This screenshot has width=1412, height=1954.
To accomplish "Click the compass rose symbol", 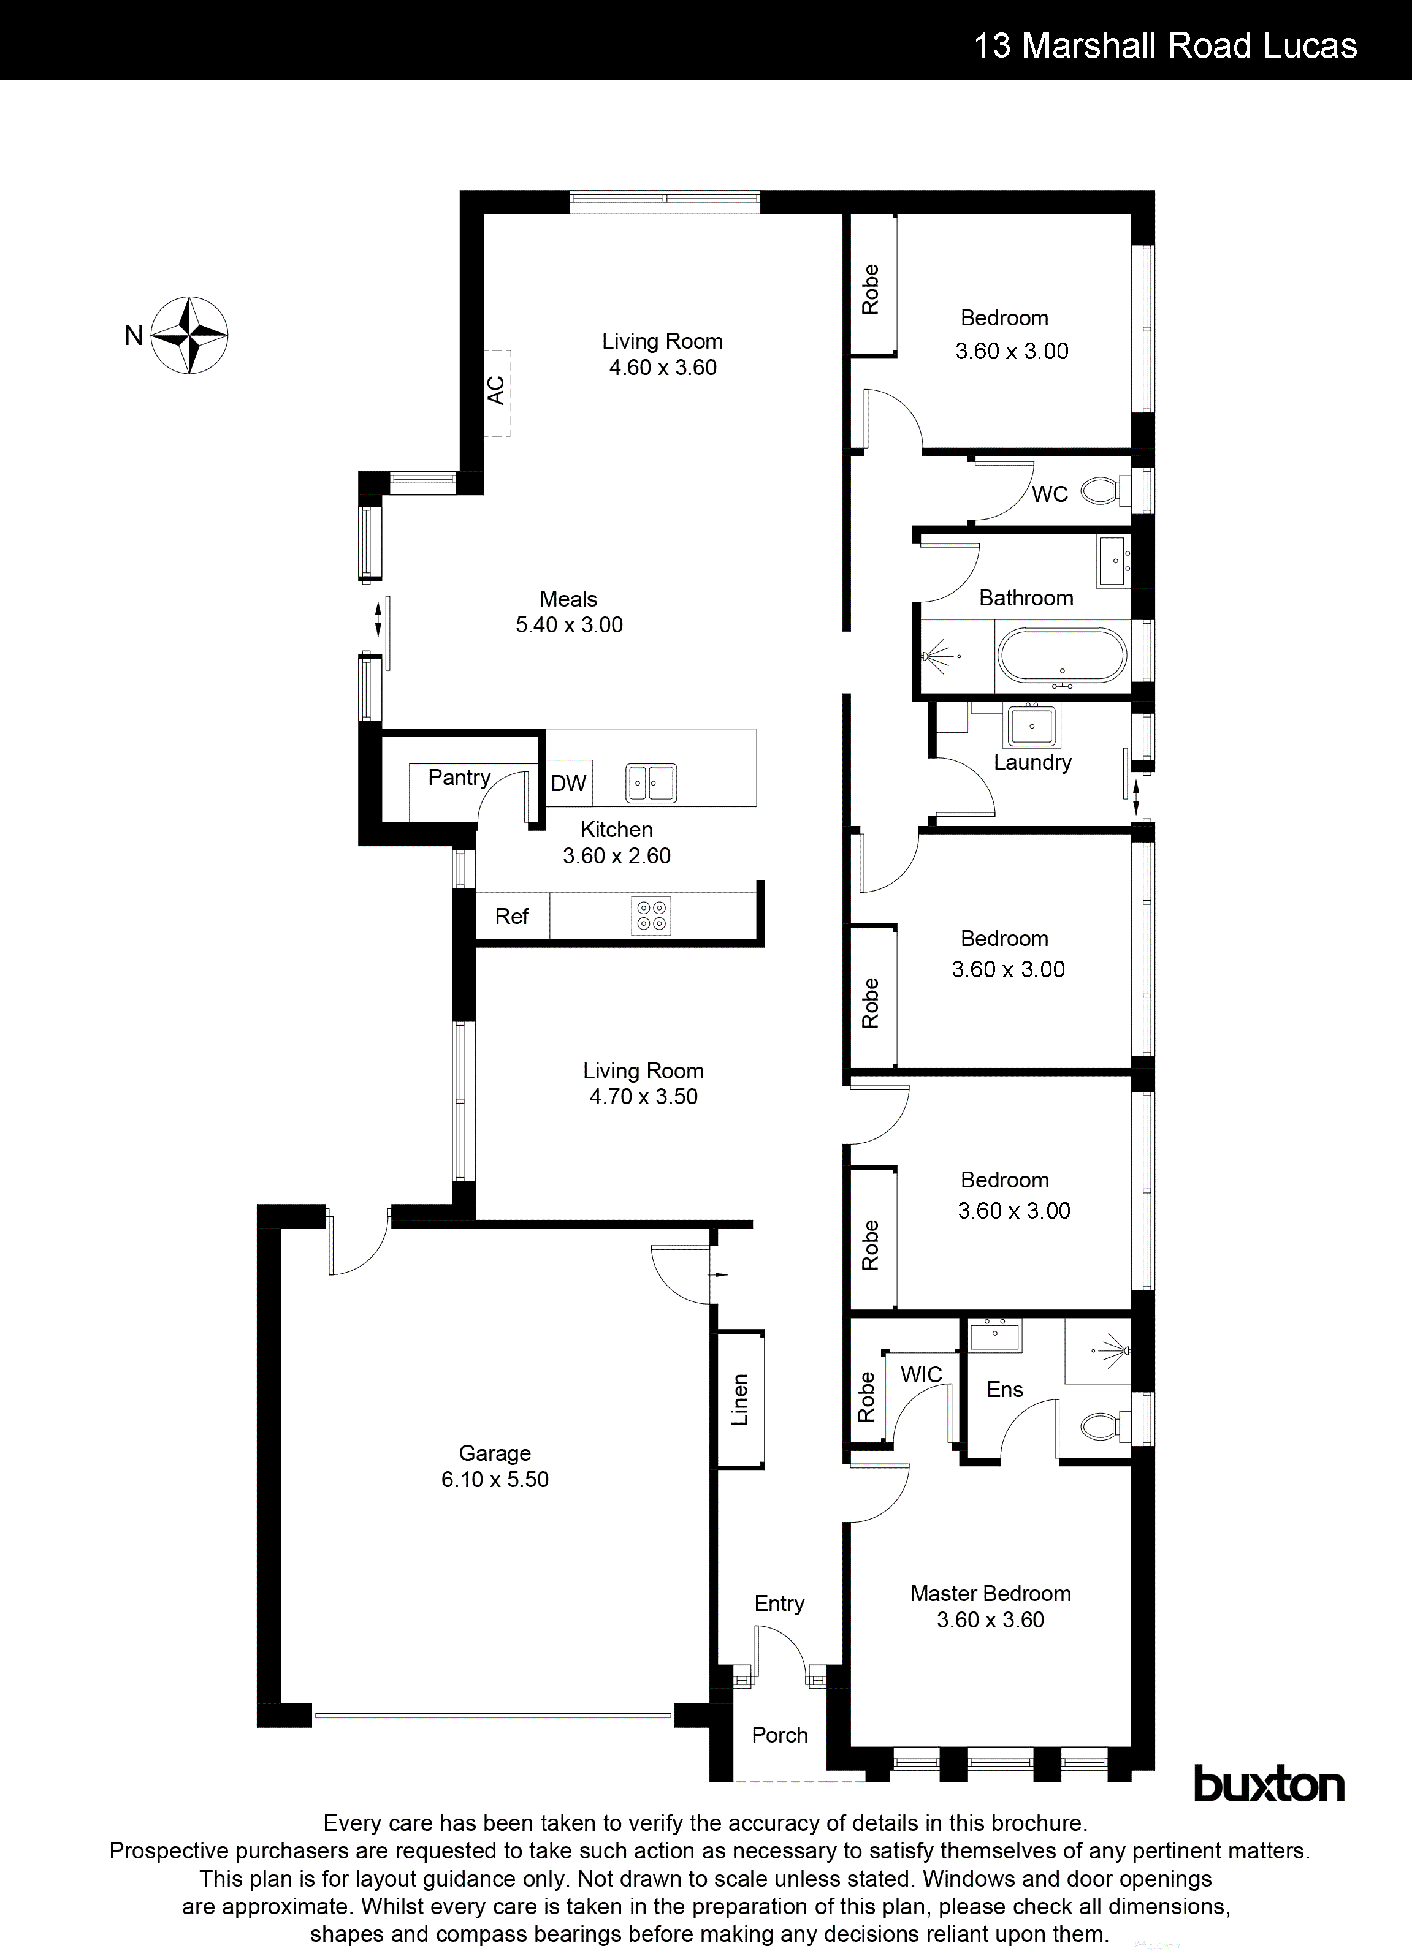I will pyautogui.click(x=189, y=335).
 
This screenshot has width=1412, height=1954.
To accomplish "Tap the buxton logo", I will pyautogui.click(x=1268, y=1785).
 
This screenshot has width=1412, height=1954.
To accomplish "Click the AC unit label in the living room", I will pyautogui.click(x=495, y=390).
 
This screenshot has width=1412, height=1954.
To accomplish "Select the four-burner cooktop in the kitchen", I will pyautogui.click(x=652, y=916).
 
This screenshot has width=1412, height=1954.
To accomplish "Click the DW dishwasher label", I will pyautogui.click(x=568, y=783).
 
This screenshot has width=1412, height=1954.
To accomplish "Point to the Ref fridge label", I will pyautogui.click(x=511, y=917).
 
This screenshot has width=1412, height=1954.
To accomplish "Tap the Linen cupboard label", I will pyautogui.click(x=739, y=1399).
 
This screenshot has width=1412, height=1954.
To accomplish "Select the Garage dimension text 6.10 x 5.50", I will pyautogui.click(x=495, y=1479).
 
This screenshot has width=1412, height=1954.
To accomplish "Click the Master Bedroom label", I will pyautogui.click(x=990, y=1594).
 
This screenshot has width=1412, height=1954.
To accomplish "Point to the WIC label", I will pyautogui.click(x=921, y=1375).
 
